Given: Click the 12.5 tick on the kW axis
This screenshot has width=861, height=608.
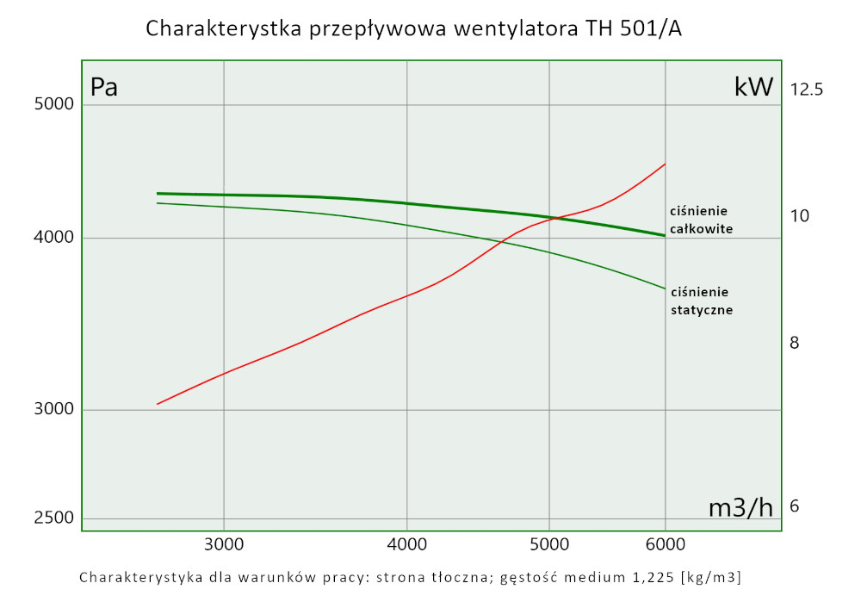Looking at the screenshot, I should pos(806,89).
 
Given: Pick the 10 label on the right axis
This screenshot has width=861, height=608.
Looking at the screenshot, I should pos(800,215).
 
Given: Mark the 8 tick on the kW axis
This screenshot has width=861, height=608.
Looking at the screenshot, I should pos(795,343).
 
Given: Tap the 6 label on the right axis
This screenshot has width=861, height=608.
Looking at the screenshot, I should pos(795,506).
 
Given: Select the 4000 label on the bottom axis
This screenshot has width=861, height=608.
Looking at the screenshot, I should pos(406,544).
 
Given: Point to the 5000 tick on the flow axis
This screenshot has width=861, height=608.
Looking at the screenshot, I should pos(549,544).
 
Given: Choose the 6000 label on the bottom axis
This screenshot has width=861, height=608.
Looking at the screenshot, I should pos(665,544).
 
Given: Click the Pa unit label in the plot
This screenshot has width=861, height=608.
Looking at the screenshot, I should pos(104,87).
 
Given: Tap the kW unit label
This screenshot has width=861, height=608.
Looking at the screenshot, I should pos(753,87).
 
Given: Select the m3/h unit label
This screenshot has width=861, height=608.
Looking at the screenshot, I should pos(740,508).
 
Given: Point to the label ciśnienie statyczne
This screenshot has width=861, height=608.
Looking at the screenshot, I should pos(701,301).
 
